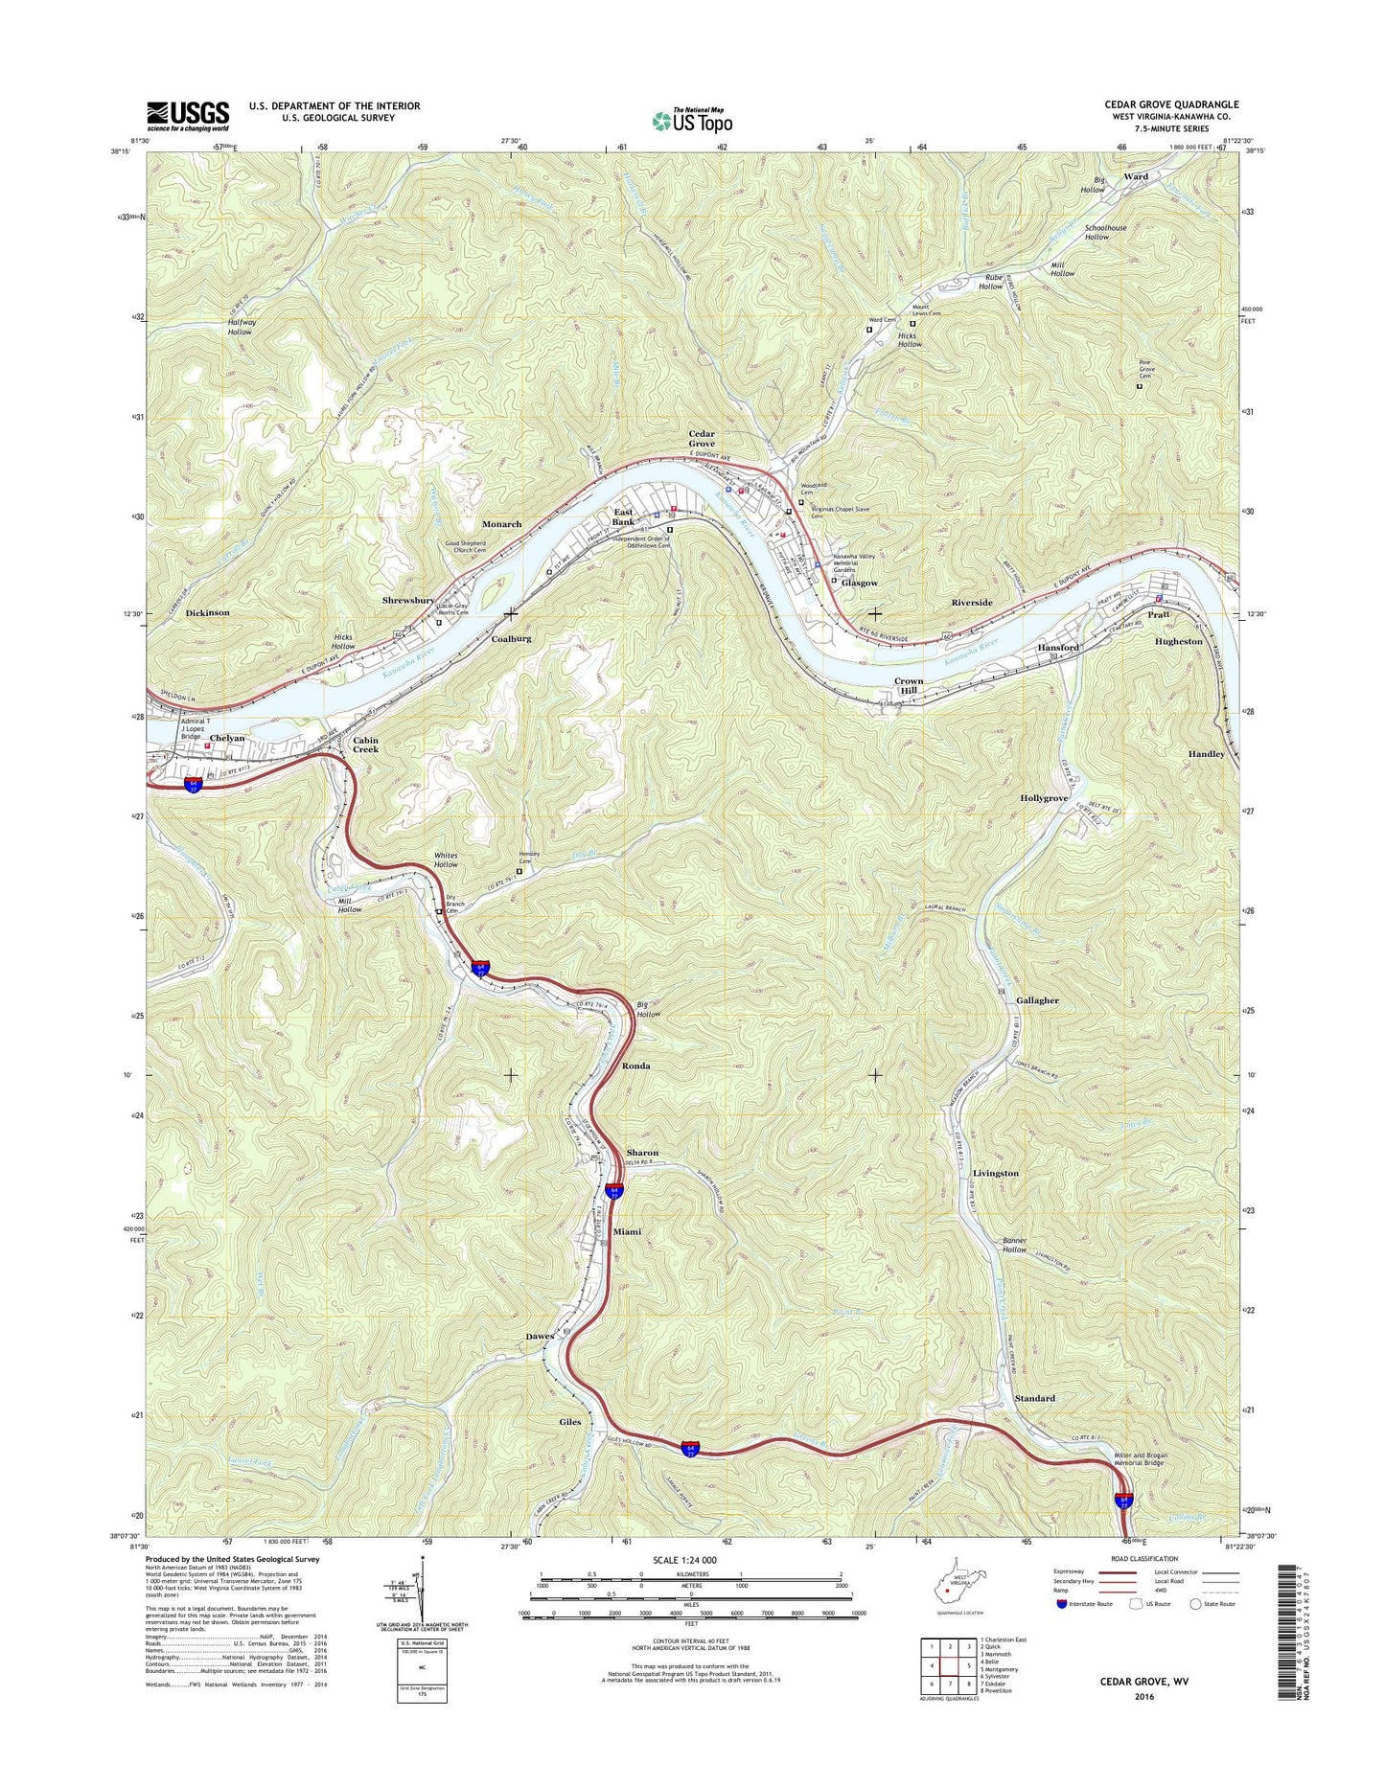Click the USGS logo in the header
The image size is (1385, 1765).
188,115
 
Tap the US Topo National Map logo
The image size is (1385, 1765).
692,120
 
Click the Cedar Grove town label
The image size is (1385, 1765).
702,439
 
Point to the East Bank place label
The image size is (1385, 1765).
624,517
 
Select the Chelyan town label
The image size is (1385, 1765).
227,738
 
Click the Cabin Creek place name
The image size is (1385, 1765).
365,745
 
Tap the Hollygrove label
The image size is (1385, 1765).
1044,798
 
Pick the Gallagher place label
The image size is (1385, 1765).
1037,1000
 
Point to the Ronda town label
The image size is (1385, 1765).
635,1066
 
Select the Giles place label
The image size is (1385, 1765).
570,1422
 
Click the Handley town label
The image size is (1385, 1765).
1206,754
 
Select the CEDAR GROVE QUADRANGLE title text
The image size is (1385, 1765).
1170,104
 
